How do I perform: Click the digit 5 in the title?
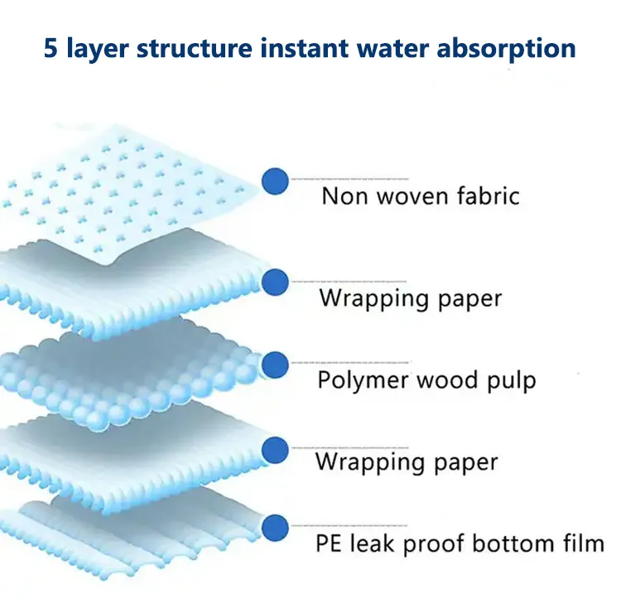point(51,48)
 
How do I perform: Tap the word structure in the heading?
point(195,48)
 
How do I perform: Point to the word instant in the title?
point(304,48)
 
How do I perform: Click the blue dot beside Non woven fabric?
point(275,181)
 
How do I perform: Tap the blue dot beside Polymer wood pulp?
point(275,364)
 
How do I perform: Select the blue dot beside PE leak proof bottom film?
point(275,528)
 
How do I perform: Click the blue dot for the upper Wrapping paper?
point(275,282)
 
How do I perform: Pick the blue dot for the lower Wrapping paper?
point(275,450)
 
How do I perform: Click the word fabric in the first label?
point(489,195)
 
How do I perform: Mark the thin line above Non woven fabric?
point(349,179)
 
